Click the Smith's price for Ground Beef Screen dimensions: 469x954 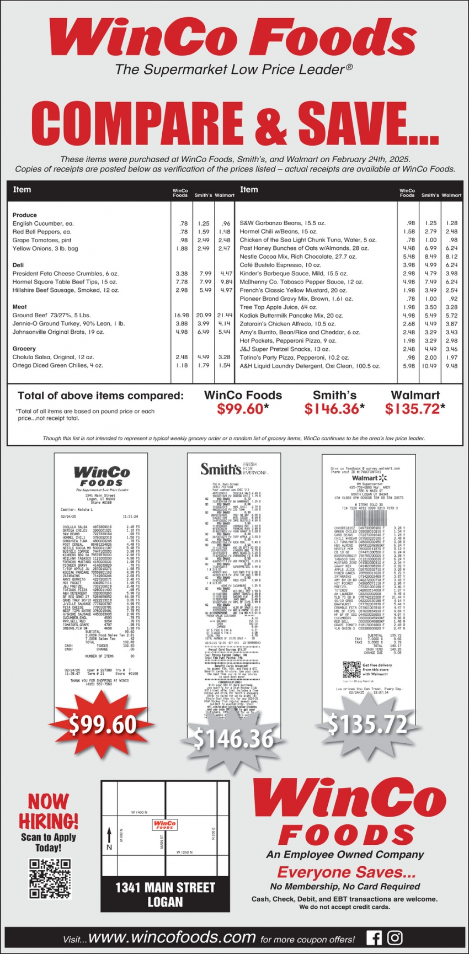tap(204, 316)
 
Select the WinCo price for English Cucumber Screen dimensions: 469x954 tap(183, 223)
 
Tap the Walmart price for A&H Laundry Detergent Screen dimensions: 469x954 tap(452, 366)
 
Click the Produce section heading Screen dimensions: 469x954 tap(25, 215)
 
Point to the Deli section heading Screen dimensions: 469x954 tap(18, 265)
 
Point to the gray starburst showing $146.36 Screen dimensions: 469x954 tap(234, 737)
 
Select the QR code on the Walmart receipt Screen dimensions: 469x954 tap(351, 669)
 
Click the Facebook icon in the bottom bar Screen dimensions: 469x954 tap(374, 938)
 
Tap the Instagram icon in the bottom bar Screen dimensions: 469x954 tap(395, 938)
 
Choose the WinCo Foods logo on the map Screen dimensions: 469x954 tap(164, 825)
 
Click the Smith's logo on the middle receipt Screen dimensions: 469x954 tap(221, 470)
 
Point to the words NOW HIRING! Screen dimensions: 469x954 tap(49, 811)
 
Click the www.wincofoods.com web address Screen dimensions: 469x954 tap(172, 937)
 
